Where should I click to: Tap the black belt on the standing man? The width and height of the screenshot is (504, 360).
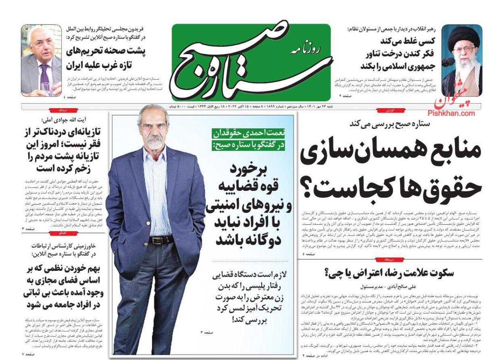coord(162,240)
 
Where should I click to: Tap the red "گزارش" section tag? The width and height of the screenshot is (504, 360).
coord(389,110)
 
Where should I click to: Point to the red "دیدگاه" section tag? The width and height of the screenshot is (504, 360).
coord(63,110)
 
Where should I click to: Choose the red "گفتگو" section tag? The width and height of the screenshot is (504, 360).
coord(63,233)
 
